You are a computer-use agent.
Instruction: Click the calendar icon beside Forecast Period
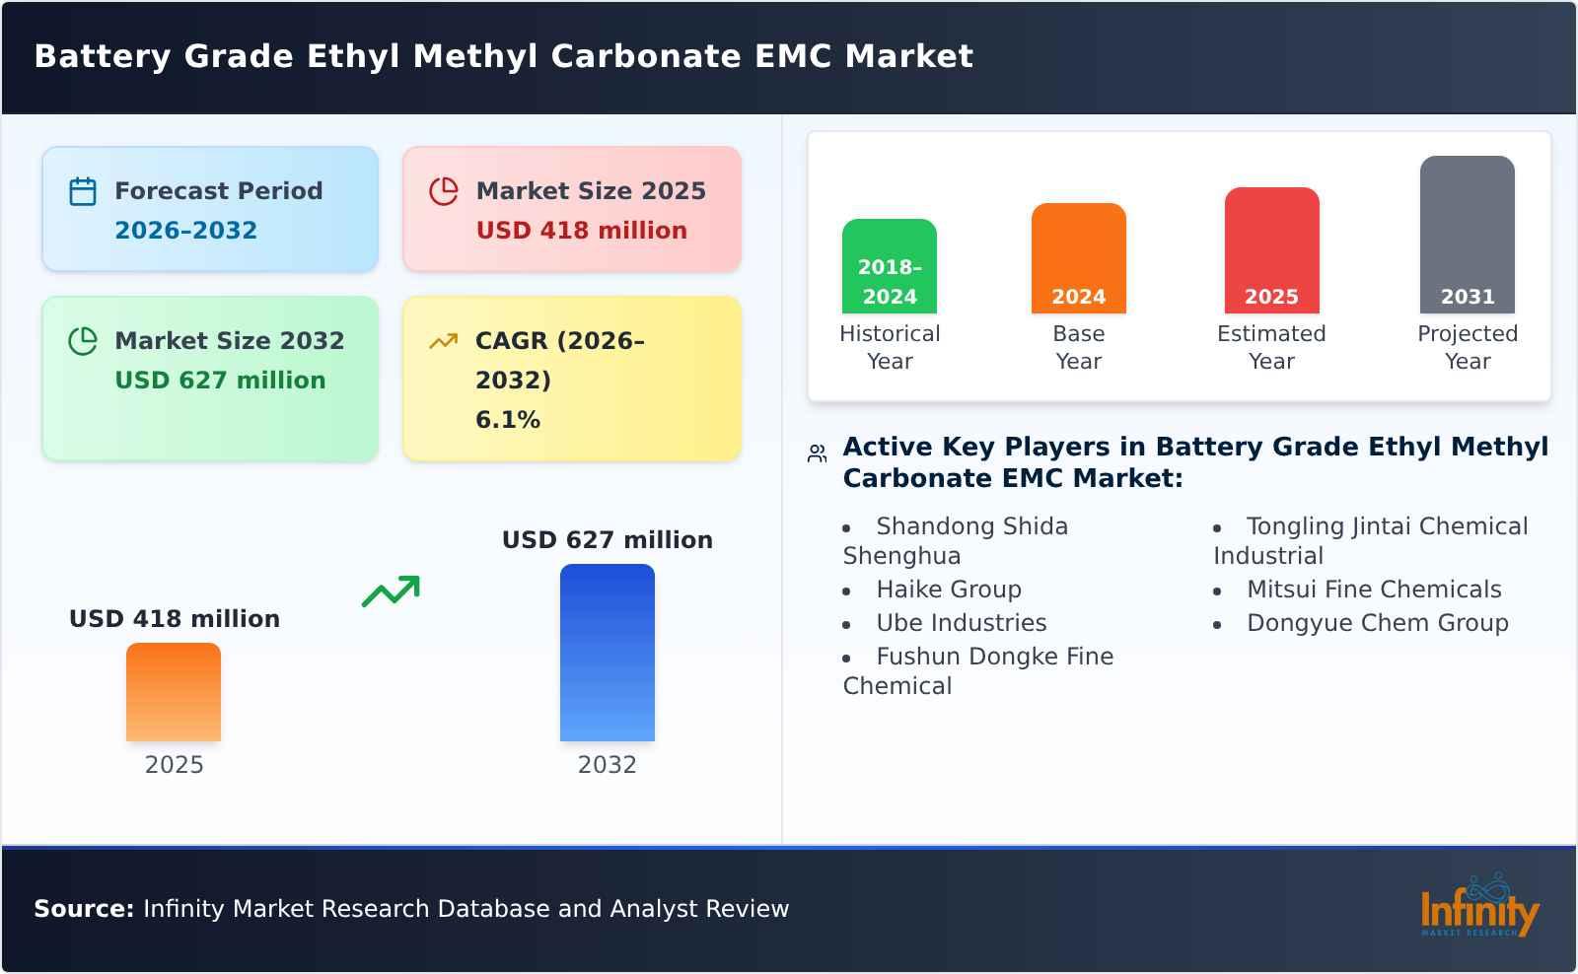click(83, 191)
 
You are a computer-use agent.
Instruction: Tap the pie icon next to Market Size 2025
click(444, 191)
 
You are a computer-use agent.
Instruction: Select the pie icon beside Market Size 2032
click(83, 341)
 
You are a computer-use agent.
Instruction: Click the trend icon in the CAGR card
click(443, 341)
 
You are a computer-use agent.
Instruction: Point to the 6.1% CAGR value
click(508, 420)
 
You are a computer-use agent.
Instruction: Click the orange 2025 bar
click(174, 692)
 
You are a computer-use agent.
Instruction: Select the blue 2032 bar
click(607, 653)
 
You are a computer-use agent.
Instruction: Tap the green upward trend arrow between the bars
click(391, 591)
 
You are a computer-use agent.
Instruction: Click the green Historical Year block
click(889, 266)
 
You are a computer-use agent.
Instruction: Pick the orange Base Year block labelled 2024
click(1078, 258)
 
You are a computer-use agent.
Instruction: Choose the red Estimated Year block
click(1271, 250)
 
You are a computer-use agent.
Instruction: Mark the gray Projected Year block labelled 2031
click(1467, 235)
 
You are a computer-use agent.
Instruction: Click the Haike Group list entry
click(949, 590)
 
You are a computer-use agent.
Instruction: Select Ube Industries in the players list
click(962, 623)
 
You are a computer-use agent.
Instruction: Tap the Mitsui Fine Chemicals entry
click(1374, 590)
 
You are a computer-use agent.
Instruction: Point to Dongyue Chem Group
click(1378, 623)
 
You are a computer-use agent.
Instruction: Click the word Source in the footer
click(84, 909)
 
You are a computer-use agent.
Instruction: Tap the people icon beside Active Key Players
click(817, 453)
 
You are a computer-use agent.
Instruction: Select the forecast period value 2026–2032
click(185, 231)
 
